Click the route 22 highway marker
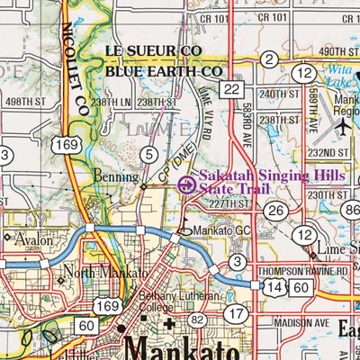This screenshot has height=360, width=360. [233, 88]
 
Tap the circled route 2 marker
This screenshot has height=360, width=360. [268, 59]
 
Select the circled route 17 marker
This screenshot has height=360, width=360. [236, 314]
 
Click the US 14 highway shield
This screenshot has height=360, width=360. [273, 285]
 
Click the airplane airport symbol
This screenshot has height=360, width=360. [342, 128]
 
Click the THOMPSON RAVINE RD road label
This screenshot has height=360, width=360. [301, 271]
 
